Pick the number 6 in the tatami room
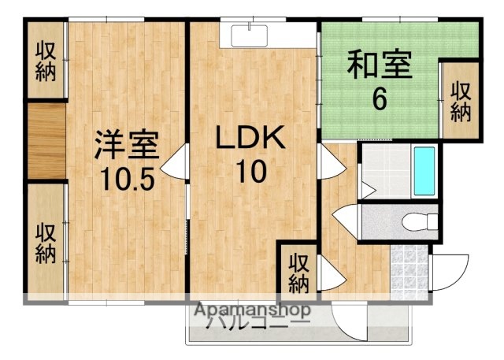380,99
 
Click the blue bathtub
424,171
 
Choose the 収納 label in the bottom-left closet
43,243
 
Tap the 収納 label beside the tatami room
461,102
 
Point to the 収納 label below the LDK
298,270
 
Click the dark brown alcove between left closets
45,141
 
